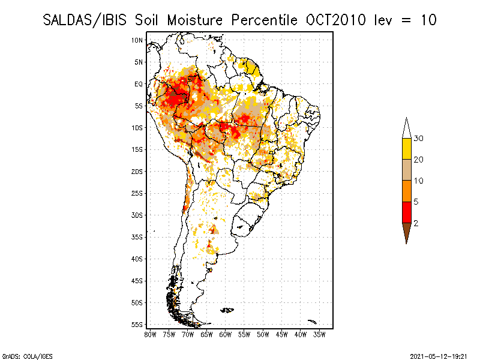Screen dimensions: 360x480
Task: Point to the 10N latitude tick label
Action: (x=137, y=40)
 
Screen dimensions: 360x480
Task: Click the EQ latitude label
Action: (x=139, y=84)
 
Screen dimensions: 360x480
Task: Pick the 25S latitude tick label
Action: (x=137, y=193)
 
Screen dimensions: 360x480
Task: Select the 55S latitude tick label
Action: (x=137, y=325)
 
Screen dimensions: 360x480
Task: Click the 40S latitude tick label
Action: (x=137, y=259)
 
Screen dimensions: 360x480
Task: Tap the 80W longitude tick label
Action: (x=150, y=334)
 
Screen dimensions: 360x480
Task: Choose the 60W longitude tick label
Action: (x=225, y=334)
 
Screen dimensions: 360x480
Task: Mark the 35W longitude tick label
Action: (x=319, y=334)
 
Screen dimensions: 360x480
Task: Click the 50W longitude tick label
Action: (x=263, y=334)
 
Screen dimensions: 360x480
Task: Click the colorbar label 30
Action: (x=419, y=139)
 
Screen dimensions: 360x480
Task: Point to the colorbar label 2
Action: (x=416, y=223)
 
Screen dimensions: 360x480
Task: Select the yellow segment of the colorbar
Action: (x=406, y=149)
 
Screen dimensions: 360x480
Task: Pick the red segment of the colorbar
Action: (x=406, y=212)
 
